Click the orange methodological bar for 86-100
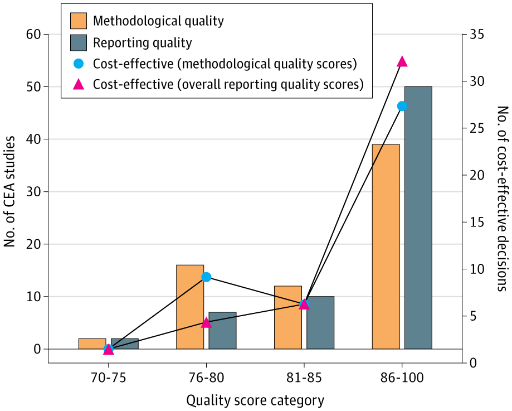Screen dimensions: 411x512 click(386, 246)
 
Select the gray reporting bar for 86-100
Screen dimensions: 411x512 click(418, 217)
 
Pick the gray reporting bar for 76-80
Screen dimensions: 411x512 click(222, 330)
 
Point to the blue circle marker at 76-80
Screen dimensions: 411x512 click(206, 277)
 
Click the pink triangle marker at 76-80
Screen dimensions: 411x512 click(206, 322)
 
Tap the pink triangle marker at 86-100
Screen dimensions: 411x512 click(402, 61)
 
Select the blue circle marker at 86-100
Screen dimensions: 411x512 click(402, 106)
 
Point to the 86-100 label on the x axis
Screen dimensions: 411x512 click(402, 378)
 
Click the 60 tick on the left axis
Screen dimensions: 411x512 click(33, 35)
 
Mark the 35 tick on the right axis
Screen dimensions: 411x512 click(476, 35)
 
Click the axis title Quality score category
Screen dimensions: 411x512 click(255, 400)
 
